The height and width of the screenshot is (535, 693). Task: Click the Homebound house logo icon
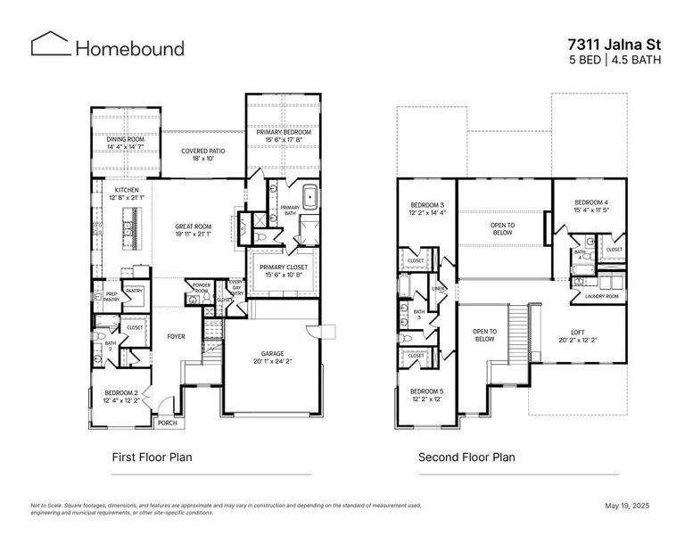click(50, 45)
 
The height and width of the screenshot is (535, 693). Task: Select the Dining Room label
click(126, 139)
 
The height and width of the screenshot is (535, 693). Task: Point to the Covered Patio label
click(203, 152)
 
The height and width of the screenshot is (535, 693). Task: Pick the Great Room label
click(193, 227)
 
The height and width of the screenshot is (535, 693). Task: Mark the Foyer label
click(177, 336)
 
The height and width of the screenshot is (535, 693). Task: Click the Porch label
click(166, 423)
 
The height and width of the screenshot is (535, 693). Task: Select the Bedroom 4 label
click(590, 203)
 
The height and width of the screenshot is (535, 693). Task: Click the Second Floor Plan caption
click(466, 457)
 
